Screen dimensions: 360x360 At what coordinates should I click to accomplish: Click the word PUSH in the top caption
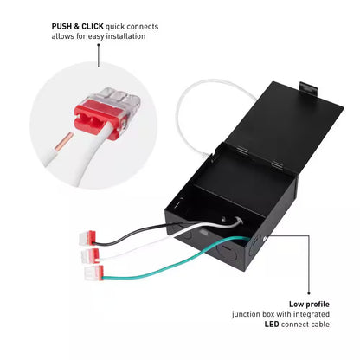(x=61, y=26)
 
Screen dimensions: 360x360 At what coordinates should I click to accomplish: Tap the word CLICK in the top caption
(x=93, y=26)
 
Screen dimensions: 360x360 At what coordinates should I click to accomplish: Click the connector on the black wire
(x=87, y=238)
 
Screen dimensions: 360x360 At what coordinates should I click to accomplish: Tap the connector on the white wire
(x=90, y=255)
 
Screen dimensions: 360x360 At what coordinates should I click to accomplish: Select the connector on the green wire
(x=93, y=273)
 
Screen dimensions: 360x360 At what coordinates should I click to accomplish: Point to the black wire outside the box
(x=130, y=232)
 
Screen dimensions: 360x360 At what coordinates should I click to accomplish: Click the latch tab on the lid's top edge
(x=308, y=89)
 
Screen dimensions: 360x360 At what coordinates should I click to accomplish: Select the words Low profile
(x=309, y=304)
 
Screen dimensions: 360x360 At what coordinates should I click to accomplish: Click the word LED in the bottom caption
(x=272, y=325)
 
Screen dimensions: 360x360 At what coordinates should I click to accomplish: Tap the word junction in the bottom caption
(x=246, y=314)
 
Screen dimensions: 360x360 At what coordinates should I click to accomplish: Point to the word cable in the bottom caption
(x=320, y=325)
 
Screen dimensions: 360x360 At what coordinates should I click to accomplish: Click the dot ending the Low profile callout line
(x=309, y=293)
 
